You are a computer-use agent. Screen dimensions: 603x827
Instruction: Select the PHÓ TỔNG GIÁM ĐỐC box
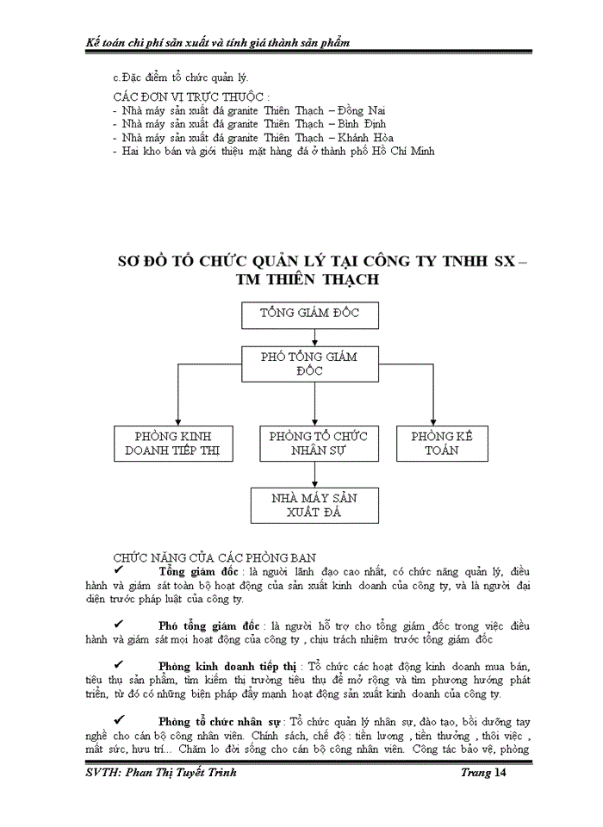[309, 363]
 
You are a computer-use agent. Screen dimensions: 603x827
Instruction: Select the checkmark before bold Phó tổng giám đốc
[118, 624]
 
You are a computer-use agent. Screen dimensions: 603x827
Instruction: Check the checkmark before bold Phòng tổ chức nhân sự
[118, 720]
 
